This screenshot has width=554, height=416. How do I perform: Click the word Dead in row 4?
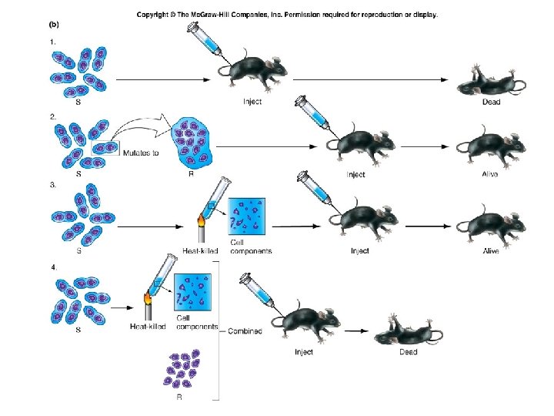(x=409, y=352)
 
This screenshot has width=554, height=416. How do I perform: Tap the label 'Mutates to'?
(x=142, y=153)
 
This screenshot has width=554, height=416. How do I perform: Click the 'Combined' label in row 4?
(x=245, y=331)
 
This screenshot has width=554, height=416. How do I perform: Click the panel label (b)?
(x=46, y=24)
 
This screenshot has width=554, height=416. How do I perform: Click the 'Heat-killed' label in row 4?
(x=148, y=327)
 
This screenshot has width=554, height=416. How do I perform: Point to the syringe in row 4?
(x=258, y=292)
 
